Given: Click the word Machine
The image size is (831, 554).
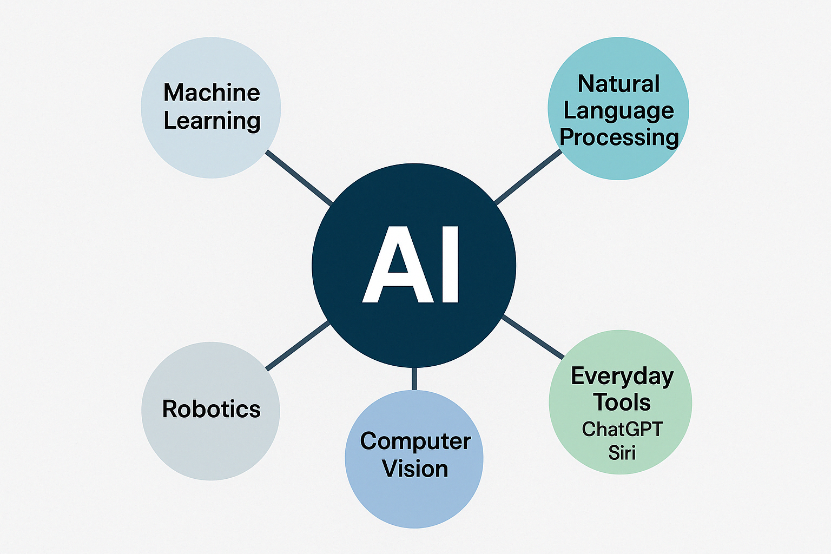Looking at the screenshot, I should (212, 93).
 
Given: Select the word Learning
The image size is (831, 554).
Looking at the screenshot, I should (212, 121).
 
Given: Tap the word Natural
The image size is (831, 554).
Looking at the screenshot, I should (618, 84).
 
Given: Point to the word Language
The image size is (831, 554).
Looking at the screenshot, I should (618, 111).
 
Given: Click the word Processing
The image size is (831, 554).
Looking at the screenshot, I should (619, 137).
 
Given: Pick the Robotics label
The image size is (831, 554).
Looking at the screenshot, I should (211, 409).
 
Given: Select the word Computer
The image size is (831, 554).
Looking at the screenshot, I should (415, 441).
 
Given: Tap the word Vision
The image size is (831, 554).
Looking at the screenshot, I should (415, 469).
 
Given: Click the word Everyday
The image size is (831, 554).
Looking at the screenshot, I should (622, 377).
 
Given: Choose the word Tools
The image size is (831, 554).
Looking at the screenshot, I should (622, 403).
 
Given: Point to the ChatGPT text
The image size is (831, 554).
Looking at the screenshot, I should (622, 430).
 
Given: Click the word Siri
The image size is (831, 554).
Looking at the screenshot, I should (622, 453).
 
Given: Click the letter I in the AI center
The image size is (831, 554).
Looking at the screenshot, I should (450, 265).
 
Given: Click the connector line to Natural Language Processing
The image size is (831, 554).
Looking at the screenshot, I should (528, 177).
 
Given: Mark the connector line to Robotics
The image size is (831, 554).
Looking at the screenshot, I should (298, 346).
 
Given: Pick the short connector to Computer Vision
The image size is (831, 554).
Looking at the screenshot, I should (414, 379).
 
